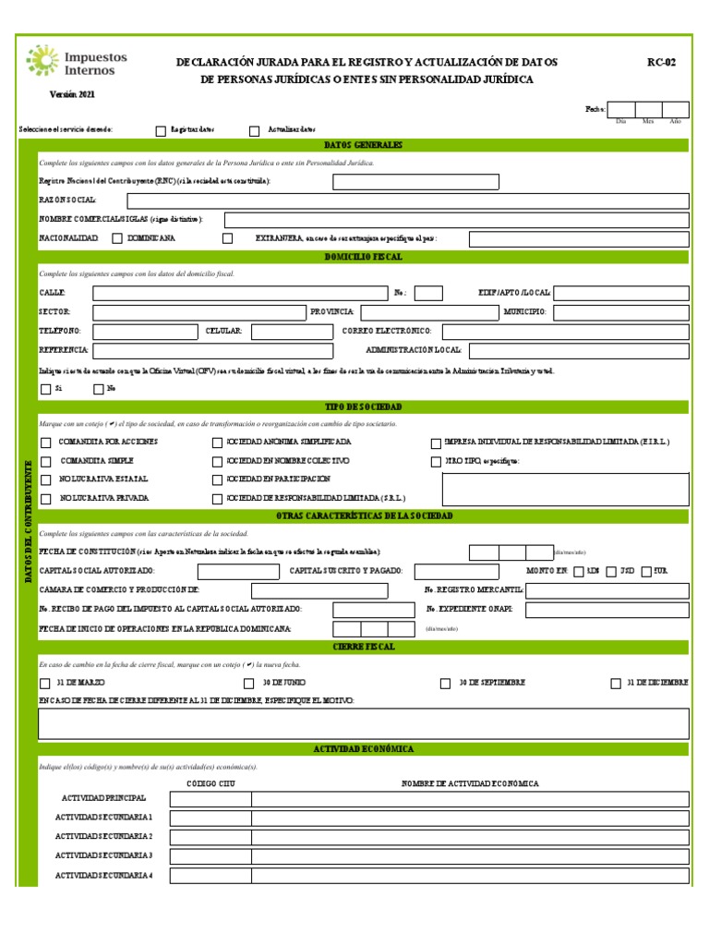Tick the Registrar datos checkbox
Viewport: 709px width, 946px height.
coord(162,130)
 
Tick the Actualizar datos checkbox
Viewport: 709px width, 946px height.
coord(255,130)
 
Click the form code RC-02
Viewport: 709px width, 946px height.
coord(661,63)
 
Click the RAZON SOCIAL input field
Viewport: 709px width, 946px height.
coord(407,200)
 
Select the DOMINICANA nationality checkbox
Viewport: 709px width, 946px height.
coord(117,238)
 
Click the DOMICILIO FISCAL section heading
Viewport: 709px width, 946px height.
coord(363,257)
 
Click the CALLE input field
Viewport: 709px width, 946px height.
coord(239,293)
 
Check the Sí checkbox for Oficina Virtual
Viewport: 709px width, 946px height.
coord(45,389)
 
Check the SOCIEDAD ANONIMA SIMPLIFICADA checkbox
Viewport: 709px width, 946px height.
coord(218,443)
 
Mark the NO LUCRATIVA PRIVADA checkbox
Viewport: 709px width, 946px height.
coord(45,499)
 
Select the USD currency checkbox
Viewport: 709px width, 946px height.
coord(612,571)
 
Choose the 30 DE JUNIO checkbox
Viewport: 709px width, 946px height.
coord(248,684)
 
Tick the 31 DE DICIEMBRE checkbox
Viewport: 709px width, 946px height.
coord(616,684)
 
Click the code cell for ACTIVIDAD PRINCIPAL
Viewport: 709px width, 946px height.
coord(210,799)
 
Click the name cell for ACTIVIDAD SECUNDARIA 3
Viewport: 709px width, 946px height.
coord(470,856)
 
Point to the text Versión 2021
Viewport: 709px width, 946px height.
coord(72,94)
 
